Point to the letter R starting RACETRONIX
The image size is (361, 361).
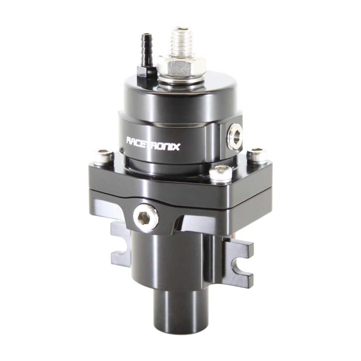pos(129,140)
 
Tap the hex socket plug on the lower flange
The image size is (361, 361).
pos(146,217)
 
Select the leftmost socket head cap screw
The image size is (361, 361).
pos(104,157)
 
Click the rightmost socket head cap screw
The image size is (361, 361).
pos(257,155)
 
